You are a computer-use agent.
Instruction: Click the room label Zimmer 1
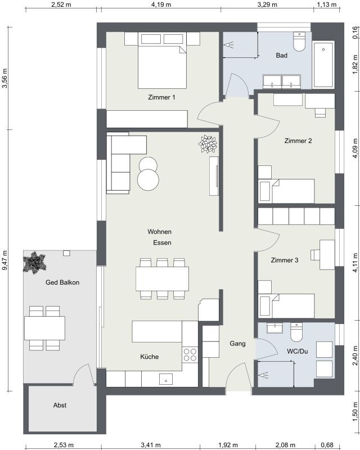point(161,97)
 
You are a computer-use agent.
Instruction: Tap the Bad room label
point(281,55)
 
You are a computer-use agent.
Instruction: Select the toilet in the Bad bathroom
point(299,42)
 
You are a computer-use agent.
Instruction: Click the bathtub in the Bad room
point(323,65)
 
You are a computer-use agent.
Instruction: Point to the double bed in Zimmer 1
point(162,60)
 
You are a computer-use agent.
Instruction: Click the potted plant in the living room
point(208,144)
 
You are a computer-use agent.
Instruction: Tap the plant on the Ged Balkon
point(34,262)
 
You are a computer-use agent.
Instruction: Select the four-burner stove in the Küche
point(190,354)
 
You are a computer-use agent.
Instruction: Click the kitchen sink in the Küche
point(166,379)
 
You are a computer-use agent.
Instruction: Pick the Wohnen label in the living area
point(159,232)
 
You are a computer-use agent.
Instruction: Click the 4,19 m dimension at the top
point(161,5)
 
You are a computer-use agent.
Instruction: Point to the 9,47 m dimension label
point(5,260)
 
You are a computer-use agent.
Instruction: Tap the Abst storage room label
point(60,405)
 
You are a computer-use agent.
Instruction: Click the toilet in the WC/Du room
point(296,332)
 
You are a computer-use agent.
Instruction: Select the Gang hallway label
point(237,344)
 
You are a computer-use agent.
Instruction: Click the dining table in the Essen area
point(162,278)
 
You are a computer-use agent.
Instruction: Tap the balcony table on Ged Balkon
point(45,328)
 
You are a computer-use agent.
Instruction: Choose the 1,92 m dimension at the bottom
point(228,445)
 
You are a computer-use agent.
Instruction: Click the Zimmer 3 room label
point(285,260)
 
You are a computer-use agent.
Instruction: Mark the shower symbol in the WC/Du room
point(263,375)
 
